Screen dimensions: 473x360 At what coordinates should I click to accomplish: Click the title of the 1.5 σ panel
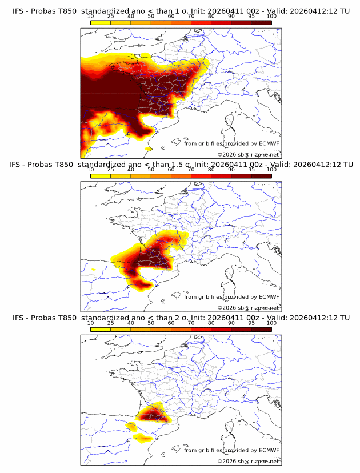pyautogui.click(x=181, y=164)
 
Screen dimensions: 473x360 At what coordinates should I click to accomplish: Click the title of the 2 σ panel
pyautogui.click(x=181, y=317)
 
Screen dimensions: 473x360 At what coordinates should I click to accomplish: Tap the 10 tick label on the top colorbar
pyautogui.click(x=91, y=17)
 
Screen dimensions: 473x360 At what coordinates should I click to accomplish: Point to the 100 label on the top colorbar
pyautogui.click(x=271, y=17)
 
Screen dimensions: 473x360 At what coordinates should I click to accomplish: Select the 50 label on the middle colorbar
pyautogui.click(x=151, y=170)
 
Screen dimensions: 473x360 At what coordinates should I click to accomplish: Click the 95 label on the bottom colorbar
pyautogui.click(x=251, y=323)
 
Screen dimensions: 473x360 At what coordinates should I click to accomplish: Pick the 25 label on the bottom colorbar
pyautogui.click(x=111, y=323)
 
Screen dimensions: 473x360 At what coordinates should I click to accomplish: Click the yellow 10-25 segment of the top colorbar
pyautogui.click(x=101, y=22)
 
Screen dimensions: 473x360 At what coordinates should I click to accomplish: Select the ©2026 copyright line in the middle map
pyautogui.click(x=248, y=307)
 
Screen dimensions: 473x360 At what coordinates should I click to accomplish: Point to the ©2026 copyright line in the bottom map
pyautogui.click(x=248, y=460)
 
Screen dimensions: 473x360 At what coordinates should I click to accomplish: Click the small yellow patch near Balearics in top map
pyautogui.click(x=149, y=149)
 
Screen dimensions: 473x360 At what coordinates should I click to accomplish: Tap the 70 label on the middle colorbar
pyautogui.click(x=191, y=170)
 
